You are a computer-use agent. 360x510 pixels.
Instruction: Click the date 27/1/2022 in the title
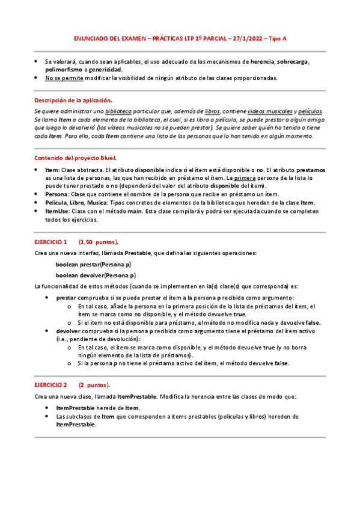pos(248,38)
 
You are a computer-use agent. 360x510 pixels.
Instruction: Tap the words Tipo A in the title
pos(277,38)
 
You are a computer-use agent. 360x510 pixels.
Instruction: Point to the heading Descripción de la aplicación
pos(73,100)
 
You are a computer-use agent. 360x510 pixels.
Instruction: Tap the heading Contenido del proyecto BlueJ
pos(75,158)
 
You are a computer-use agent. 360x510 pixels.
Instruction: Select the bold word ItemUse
pos(57,212)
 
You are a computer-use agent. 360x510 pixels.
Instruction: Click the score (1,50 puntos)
pos(99,242)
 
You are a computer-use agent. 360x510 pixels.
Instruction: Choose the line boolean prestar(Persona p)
pos(93,264)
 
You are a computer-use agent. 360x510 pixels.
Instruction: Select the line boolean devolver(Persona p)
pos(96,275)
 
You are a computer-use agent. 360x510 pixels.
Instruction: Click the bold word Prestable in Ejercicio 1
pos(138,253)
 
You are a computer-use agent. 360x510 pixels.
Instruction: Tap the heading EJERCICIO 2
pos(50,384)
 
